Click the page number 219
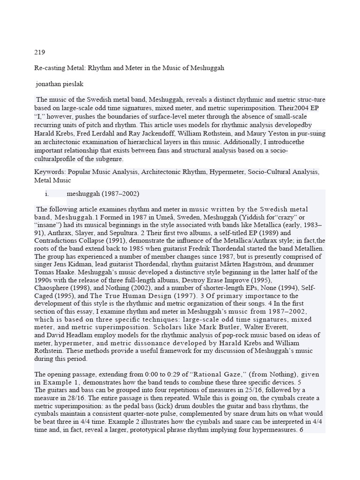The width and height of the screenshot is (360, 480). click(x=39, y=52)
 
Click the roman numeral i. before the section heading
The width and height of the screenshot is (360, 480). click(x=47, y=194)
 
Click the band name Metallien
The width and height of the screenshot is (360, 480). click(x=307, y=248)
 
